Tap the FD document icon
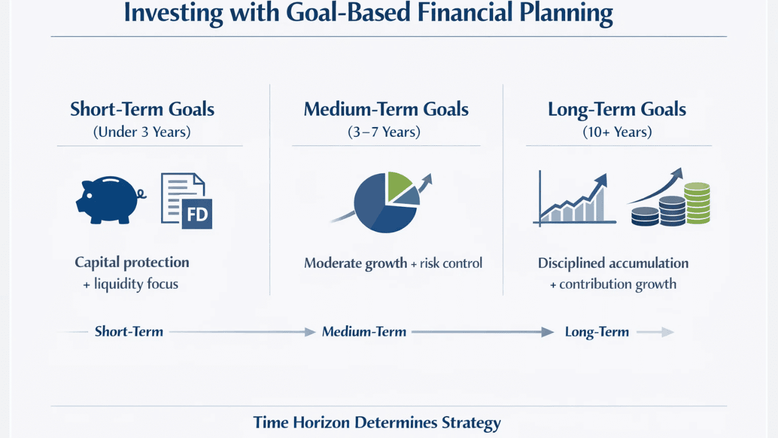click(x=187, y=201)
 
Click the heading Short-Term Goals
click(x=142, y=109)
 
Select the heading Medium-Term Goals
click(x=386, y=109)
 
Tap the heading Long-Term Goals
click(x=617, y=109)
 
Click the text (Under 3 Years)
click(x=142, y=132)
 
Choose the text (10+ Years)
click(x=617, y=132)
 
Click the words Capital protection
click(x=132, y=263)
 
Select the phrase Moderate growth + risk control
click(x=393, y=263)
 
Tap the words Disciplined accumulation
click(x=613, y=263)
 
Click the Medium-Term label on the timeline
click(x=364, y=332)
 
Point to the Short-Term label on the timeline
click(x=129, y=332)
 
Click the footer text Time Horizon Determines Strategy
click(x=377, y=423)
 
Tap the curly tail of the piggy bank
click(x=142, y=195)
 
